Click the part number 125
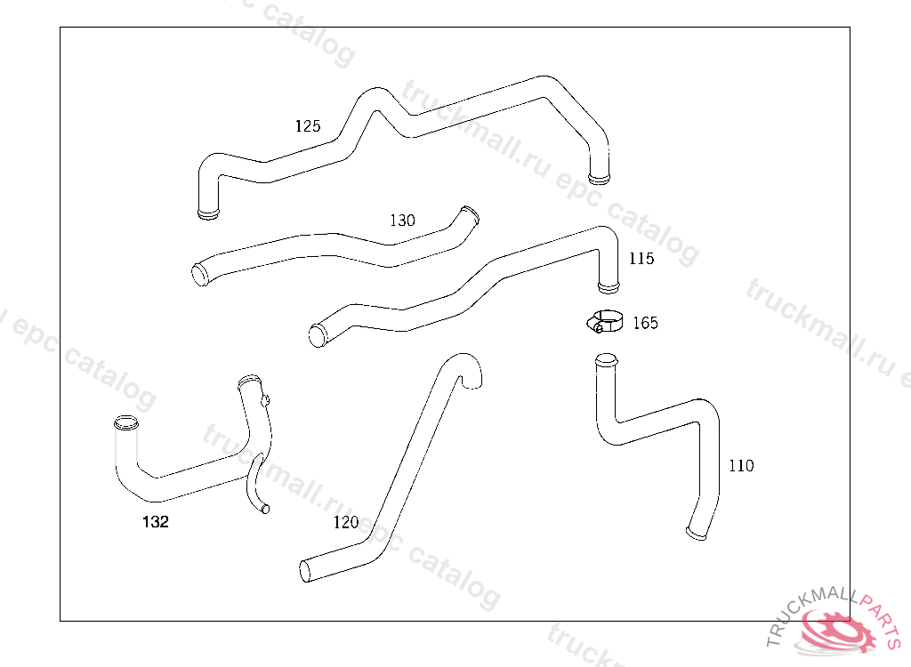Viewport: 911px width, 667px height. (308, 126)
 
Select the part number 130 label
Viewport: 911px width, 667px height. (402, 221)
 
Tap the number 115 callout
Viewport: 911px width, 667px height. (641, 259)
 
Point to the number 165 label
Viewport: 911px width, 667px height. (645, 323)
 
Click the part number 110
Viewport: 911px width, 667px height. (740, 466)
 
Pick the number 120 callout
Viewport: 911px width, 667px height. (346, 522)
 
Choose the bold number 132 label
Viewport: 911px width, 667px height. (156, 522)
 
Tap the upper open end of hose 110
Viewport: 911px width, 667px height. (605, 361)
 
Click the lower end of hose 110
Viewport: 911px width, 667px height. (697, 533)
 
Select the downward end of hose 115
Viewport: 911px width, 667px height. (609, 286)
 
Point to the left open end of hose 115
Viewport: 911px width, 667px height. (317, 336)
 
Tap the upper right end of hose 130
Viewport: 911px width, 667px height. (470, 214)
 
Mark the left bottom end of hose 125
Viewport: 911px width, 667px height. (208, 213)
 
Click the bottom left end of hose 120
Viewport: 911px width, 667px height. (306, 571)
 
